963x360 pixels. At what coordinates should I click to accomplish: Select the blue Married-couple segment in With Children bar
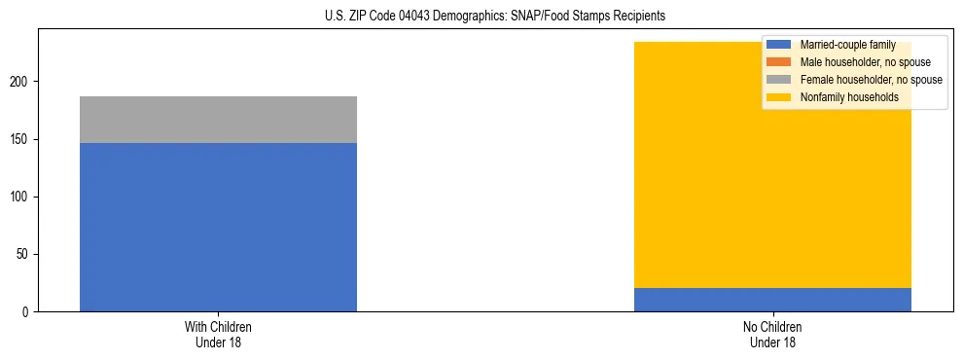coord(218,227)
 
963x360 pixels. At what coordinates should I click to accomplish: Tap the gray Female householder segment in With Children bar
coord(218,120)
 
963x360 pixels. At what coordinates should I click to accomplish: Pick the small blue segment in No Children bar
coord(772,300)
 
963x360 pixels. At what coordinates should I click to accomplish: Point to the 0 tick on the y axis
coord(27,312)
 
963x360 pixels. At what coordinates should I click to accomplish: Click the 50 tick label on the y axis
coord(24,255)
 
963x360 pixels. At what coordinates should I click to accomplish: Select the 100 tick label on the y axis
coord(21,198)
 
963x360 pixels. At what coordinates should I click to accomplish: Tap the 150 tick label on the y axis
coord(21,140)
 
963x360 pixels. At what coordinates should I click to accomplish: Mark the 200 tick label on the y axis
coord(21,83)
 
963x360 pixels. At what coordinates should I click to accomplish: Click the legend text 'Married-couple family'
coord(846,45)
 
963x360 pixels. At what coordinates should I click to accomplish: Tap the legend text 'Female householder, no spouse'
coord(871,80)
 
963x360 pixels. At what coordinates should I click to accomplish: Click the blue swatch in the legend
coord(779,45)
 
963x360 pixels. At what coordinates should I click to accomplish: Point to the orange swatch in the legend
coord(779,62)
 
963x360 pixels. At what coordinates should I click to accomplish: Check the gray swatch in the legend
coord(779,80)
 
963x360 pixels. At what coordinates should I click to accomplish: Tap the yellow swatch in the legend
coord(779,97)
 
